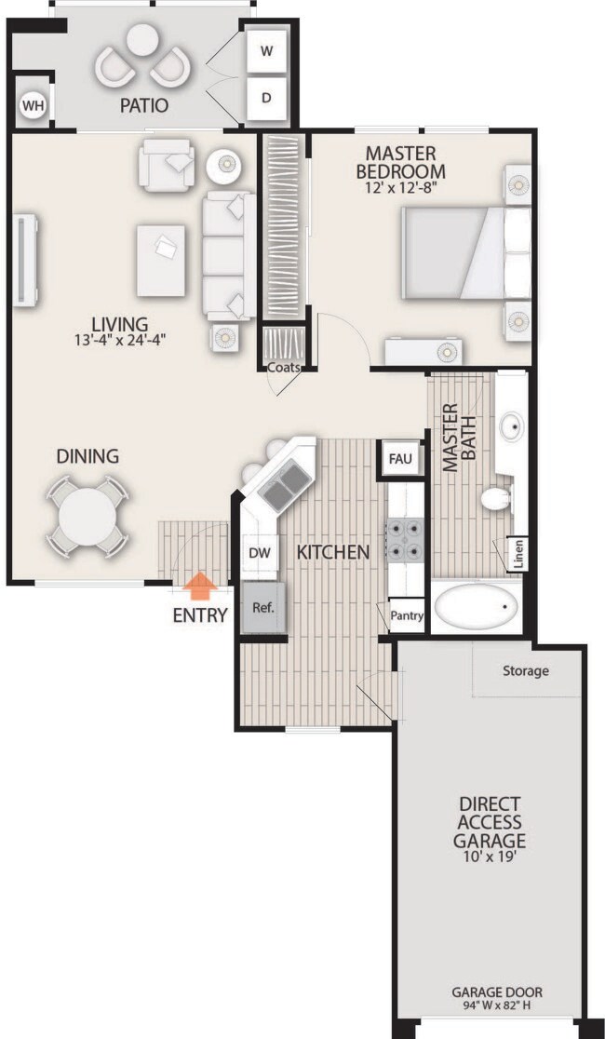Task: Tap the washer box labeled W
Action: click(266, 51)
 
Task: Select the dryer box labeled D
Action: click(266, 98)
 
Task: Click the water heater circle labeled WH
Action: click(31, 104)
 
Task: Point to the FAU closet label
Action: click(400, 460)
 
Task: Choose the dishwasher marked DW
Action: click(259, 553)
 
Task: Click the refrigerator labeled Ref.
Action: click(263, 607)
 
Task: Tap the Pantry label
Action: click(407, 615)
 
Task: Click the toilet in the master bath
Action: click(498, 498)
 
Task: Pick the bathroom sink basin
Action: click(512, 426)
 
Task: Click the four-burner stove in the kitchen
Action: click(405, 539)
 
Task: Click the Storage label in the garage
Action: click(526, 670)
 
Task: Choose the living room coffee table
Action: click(161, 261)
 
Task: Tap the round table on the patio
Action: click(142, 40)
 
